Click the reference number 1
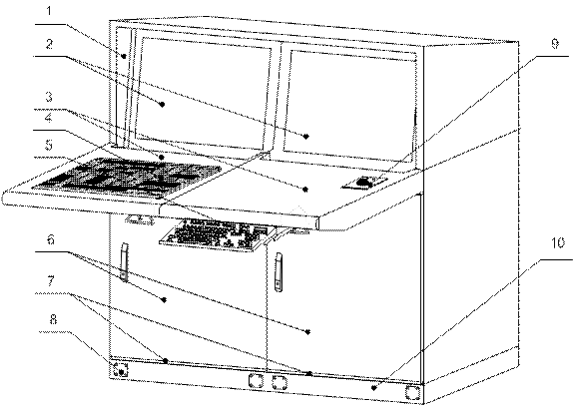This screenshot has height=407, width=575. tap(49, 11)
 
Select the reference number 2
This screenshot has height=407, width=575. tap(49, 44)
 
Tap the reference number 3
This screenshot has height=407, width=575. tap(49, 97)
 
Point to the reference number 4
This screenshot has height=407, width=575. tap(49, 118)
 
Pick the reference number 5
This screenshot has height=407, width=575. tap(49, 145)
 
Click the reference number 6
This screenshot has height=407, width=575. tap(51, 240)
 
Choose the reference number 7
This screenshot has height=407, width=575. tap(51, 281)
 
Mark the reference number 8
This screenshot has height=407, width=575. tap(53, 319)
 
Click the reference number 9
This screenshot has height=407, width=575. tap(555, 44)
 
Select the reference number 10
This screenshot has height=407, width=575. tap(557, 242)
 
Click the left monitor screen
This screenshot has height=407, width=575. tap(203, 93)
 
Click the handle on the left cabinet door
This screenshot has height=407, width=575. tap(125, 262)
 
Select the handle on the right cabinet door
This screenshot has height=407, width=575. tap(279, 272)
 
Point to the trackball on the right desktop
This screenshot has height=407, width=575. tap(364, 181)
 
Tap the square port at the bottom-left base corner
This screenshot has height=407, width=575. tap(120, 370)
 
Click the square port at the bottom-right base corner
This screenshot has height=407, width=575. tap(412, 392)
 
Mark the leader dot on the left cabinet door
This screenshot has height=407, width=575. tap(164, 299)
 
